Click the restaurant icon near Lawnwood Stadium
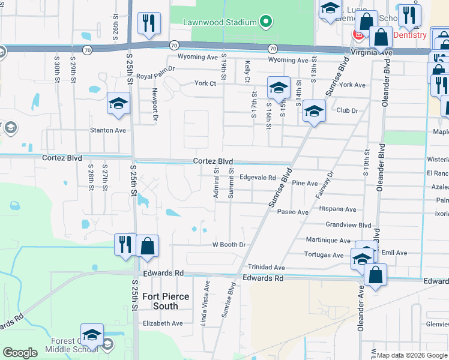(148, 24)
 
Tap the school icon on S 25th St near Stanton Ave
(118, 103)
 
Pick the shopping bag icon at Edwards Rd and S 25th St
(148, 246)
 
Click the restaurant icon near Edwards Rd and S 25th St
(125, 245)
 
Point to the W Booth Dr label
(229, 245)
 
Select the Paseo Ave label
(294, 212)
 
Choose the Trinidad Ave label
(267, 267)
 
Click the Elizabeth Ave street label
(162, 323)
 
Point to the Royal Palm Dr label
(155, 76)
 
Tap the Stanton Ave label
(108, 130)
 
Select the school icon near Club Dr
(313, 111)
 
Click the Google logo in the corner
(20, 353)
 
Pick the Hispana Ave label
(337, 209)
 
